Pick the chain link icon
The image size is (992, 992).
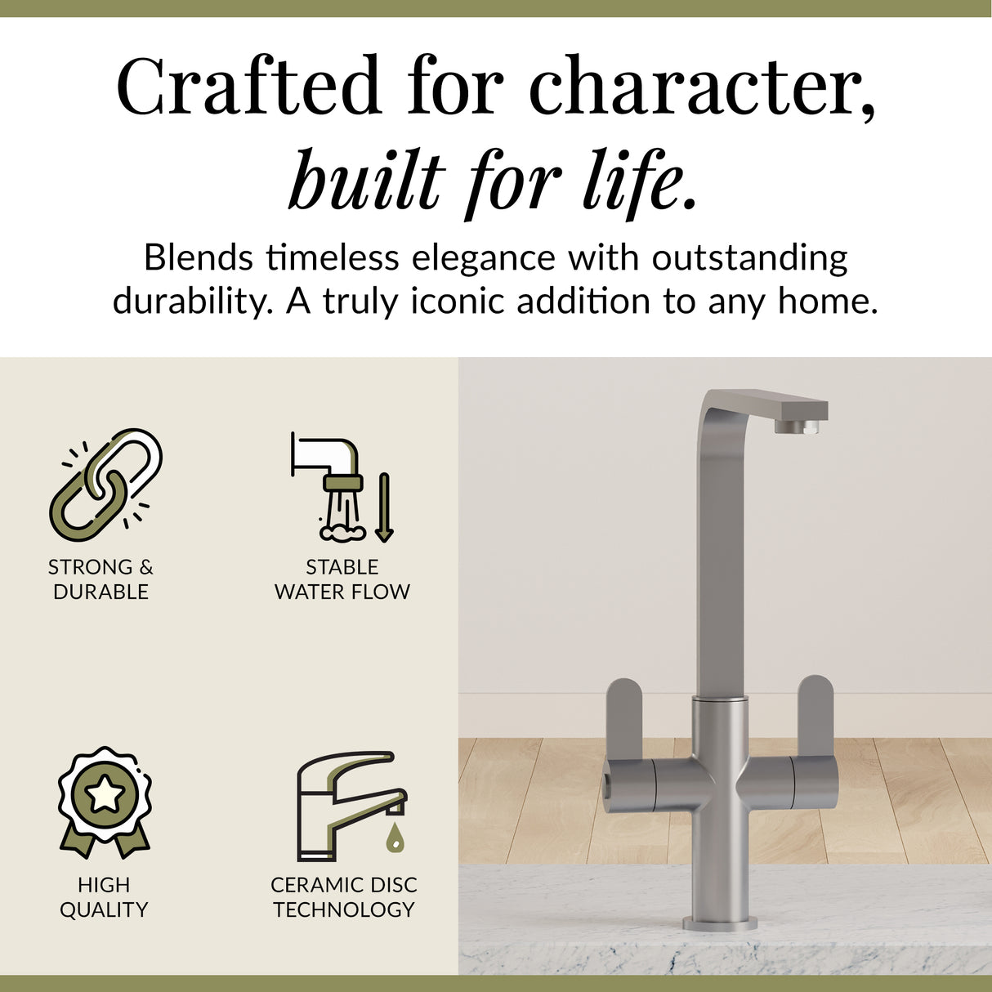105,485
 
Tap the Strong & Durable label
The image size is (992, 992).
101,579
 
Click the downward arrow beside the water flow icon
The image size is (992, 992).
384,507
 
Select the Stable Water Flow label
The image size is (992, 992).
342,579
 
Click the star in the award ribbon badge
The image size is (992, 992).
105,793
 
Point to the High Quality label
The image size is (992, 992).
104,897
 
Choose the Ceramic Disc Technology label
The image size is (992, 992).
343,897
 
